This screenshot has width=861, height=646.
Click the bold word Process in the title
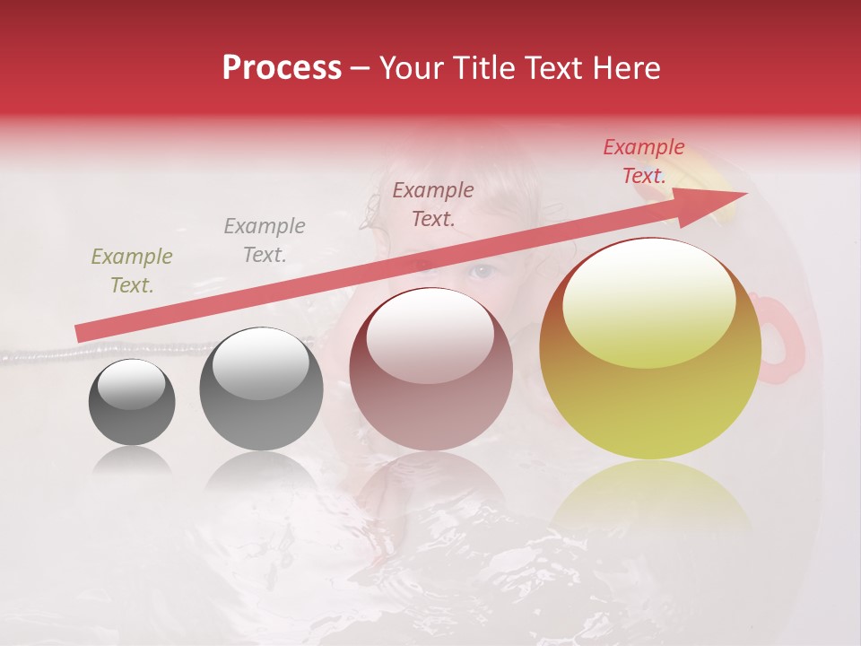(282, 68)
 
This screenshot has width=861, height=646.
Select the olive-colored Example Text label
(131, 271)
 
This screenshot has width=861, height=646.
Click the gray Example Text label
(264, 240)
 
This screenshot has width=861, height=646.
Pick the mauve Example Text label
(433, 204)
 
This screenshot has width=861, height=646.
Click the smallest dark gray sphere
(132, 403)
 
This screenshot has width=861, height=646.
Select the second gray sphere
(261, 389)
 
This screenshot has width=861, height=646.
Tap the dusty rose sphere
(430, 370)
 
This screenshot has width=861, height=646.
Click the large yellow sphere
(650, 350)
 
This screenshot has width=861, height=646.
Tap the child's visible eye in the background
(483, 270)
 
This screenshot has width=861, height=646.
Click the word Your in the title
(407, 68)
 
